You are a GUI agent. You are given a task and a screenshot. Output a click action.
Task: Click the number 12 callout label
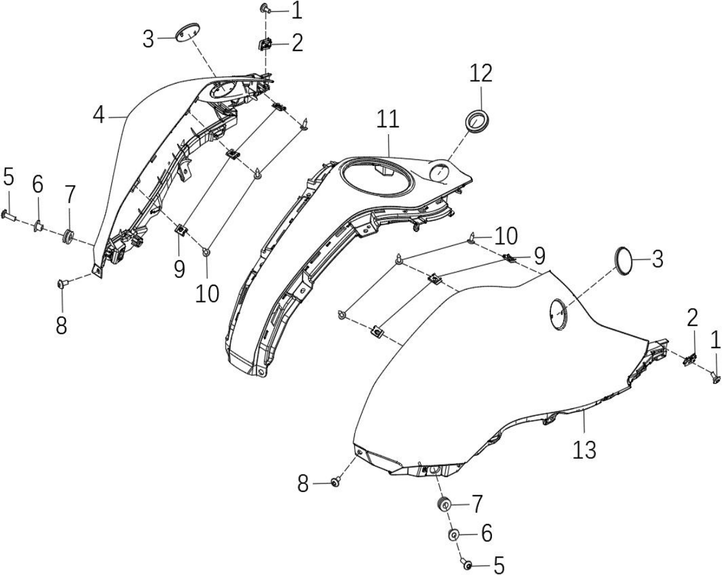tap(481, 74)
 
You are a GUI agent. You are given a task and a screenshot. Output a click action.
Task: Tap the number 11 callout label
tap(387, 119)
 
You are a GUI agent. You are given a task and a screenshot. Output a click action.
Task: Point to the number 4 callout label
tap(98, 114)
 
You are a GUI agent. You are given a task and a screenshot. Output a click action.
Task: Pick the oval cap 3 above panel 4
tap(188, 32)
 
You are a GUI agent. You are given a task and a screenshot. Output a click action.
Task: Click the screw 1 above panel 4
tap(266, 7)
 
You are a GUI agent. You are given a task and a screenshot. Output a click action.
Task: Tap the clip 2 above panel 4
tap(265, 45)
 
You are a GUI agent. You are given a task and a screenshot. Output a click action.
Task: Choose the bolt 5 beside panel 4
tap(9, 215)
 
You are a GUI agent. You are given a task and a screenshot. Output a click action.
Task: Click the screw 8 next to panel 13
tap(336, 482)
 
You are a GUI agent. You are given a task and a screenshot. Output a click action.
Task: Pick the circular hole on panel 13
tap(558, 314)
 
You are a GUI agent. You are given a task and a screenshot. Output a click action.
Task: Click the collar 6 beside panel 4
tap(39, 225)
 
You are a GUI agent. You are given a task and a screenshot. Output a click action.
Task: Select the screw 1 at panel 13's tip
tap(715, 378)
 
